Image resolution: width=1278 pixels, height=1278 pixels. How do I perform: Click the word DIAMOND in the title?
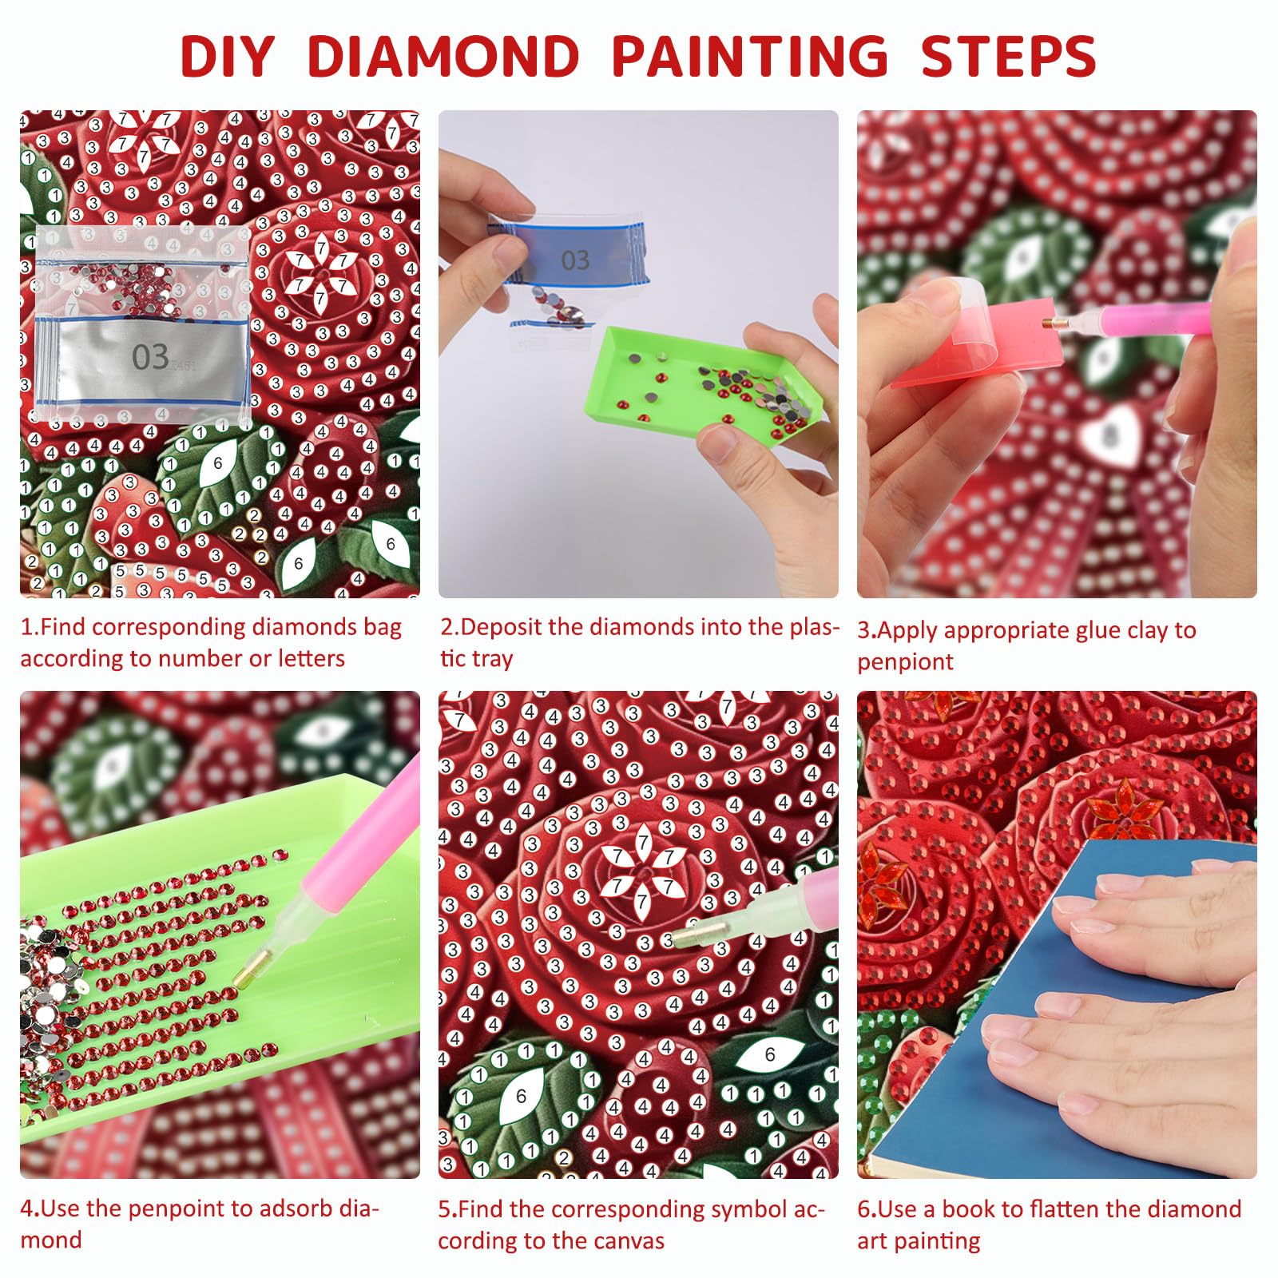pyautogui.click(x=443, y=56)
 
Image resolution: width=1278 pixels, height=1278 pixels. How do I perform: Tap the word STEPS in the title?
pyautogui.click(x=1009, y=56)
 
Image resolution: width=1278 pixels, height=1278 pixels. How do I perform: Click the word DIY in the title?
pyautogui.click(x=228, y=56)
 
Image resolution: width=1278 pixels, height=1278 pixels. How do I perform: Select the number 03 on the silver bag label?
pyautogui.click(x=150, y=356)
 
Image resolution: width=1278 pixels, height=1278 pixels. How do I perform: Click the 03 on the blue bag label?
pyautogui.click(x=575, y=260)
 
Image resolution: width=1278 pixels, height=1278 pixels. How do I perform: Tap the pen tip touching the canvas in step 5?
pyautogui.click(x=692, y=932)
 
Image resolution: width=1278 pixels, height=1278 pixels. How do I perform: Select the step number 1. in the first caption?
pyautogui.click(x=30, y=627)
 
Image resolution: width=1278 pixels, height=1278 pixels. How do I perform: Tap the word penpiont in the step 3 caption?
pyautogui.click(x=905, y=663)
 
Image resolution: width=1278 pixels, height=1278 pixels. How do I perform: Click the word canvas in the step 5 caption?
pyautogui.click(x=626, y=1241)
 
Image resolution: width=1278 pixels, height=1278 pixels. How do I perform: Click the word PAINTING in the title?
pyautogui.click(x=749, y=56)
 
